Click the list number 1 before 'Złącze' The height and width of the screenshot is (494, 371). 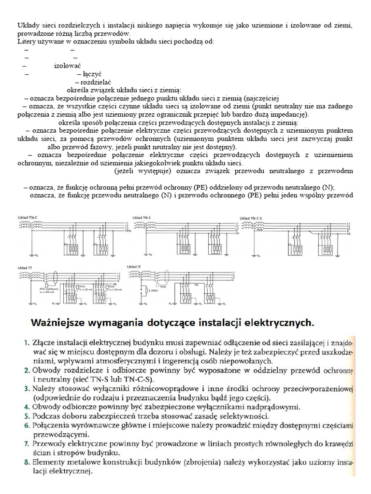[27, 342]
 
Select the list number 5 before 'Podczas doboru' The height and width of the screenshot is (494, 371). [27, 415]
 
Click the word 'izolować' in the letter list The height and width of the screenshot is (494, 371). [67, 66]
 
